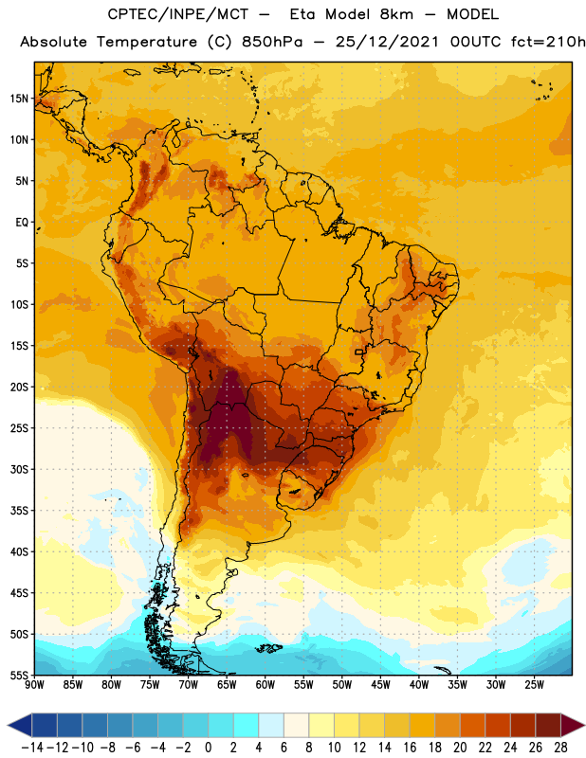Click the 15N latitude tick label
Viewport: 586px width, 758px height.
click(x=19, y=99)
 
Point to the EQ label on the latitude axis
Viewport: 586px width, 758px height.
click(x=22, y=223)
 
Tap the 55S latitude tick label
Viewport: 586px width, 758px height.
click(x=19, y=676)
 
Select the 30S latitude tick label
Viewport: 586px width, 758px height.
click(x=19, y=469)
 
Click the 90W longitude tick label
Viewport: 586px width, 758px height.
click(x=35, y=685)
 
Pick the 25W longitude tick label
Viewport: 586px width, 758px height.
click(x=534, y=685)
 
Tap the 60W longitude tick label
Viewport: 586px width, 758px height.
click(x=266, y=685)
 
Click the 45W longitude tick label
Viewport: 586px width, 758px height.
click(x=381, y=685)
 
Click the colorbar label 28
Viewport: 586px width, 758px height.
click(x=560, y=748)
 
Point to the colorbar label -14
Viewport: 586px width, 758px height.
click(x=32, y=748)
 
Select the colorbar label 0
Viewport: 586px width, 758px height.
click(x=208, y=748)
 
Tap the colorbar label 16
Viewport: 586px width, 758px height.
click(x=410, y=748)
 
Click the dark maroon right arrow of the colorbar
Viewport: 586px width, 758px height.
click(x=572, y=725)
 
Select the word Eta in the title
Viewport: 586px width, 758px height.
click(x=302, y=14)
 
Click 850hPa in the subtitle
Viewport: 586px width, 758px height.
click(x=272, y=42)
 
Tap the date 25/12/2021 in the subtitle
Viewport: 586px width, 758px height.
click(x=387, y=42)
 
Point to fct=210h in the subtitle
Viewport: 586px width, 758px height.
click(x=548, y=42)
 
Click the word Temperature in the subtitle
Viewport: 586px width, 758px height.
click(x=147, y=43)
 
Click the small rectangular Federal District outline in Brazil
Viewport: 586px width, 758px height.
click(x=359, y=352)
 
